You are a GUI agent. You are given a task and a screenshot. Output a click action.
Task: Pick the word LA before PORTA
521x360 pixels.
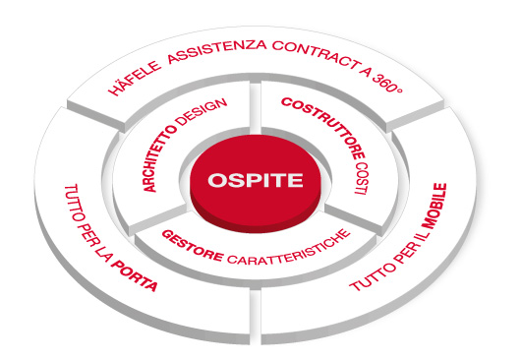point(116,259)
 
